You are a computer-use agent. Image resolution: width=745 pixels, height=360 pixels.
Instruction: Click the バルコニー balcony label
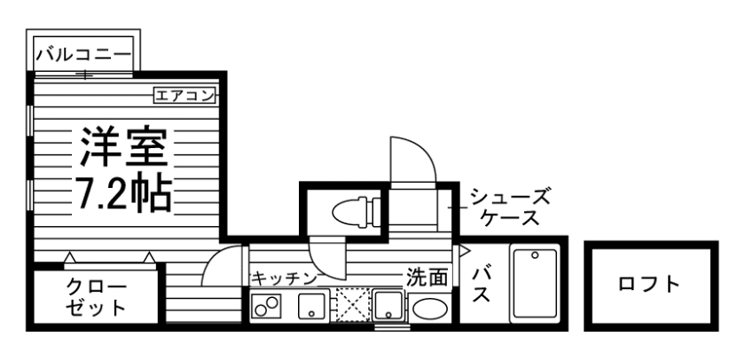point(82,55)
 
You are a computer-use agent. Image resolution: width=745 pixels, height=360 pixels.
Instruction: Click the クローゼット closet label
point(97,298)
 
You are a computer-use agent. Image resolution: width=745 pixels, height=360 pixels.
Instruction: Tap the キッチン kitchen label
point(283,278)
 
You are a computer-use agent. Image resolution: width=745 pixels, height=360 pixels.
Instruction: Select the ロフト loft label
point(649,285)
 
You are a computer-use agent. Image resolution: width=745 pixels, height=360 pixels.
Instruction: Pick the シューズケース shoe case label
point(510,207)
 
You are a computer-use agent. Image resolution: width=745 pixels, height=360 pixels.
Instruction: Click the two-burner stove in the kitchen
point(266,307)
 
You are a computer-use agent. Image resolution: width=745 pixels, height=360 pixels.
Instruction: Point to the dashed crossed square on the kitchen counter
point(350,306)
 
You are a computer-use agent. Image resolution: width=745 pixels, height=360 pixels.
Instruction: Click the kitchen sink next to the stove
point(312,307)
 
